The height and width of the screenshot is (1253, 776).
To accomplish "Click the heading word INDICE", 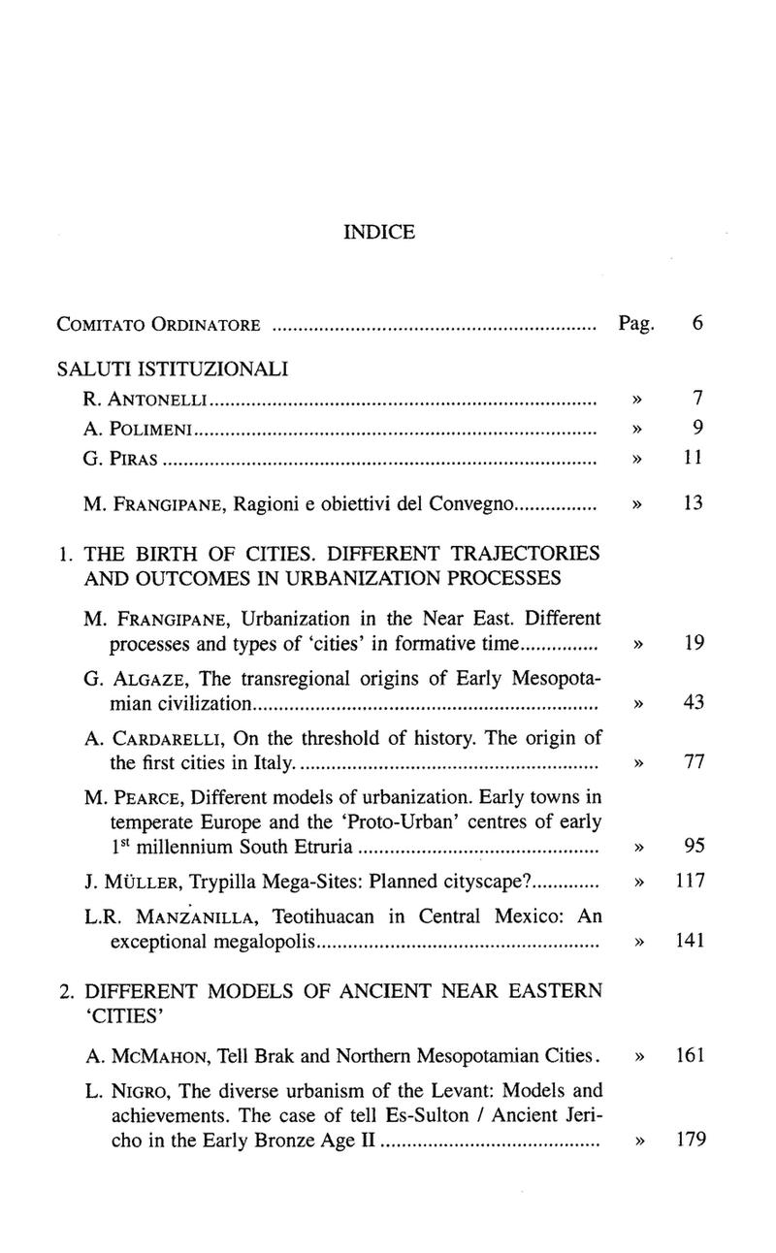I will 379,233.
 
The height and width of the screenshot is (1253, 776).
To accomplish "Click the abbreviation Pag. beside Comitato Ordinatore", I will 635,322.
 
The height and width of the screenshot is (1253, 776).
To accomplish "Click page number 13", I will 693,503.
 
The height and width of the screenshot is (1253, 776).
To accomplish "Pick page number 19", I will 693,642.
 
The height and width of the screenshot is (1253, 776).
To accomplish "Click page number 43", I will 693,702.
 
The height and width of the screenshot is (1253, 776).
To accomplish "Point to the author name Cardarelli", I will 163,739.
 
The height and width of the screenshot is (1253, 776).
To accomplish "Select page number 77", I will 693,762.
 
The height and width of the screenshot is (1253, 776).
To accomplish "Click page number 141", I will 690,941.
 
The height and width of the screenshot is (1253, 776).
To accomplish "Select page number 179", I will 690,1140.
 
